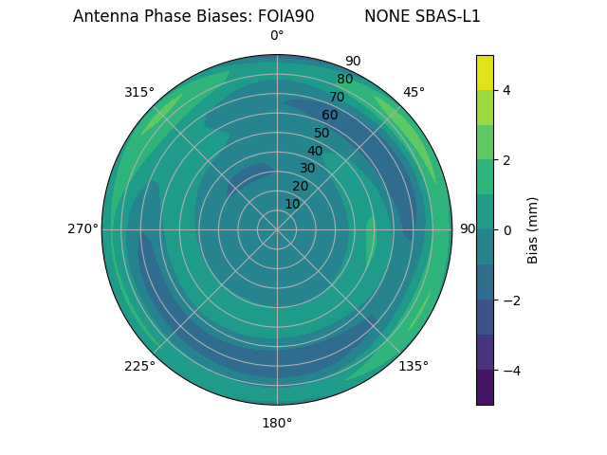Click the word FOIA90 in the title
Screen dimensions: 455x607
click(285, 16)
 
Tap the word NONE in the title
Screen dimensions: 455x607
click(387, 16)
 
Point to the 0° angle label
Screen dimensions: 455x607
click(277, 36)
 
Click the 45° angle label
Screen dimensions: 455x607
click(414, 92)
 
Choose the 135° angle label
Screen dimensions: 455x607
click(414, 366)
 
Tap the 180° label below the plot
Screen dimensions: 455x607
click(277, 423)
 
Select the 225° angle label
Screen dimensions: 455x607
click(139, 366)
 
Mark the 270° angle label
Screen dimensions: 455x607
click(83, 228)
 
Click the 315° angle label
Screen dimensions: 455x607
click(139, 92)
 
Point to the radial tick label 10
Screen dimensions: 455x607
click(292, 204)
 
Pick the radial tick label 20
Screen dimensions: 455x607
click(300, 186)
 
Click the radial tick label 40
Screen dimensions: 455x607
click(315, 151)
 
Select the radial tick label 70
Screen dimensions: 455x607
click(337, 97)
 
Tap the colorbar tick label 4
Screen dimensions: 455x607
click(507, 90)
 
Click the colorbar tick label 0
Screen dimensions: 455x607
click(507, 230)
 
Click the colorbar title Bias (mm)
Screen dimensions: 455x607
click(533, 230)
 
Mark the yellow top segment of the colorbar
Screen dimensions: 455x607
click(485, 72)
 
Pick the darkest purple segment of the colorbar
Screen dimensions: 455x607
click(485, 388)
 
